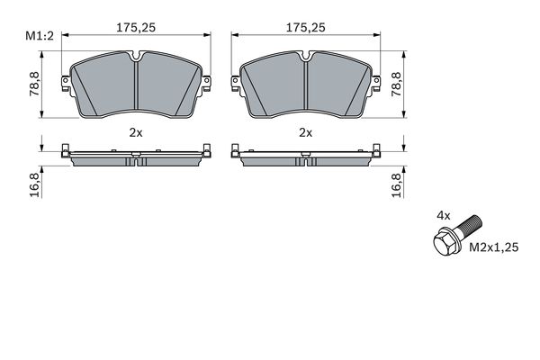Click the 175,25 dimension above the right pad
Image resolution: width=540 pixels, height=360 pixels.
point(305,27)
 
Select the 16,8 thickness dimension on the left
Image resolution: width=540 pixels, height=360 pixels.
point(35,184)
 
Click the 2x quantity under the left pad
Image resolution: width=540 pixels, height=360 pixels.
point(135,131)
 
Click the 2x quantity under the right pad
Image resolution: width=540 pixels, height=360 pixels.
point(305,131)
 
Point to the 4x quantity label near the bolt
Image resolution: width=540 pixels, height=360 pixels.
point(443,216)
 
